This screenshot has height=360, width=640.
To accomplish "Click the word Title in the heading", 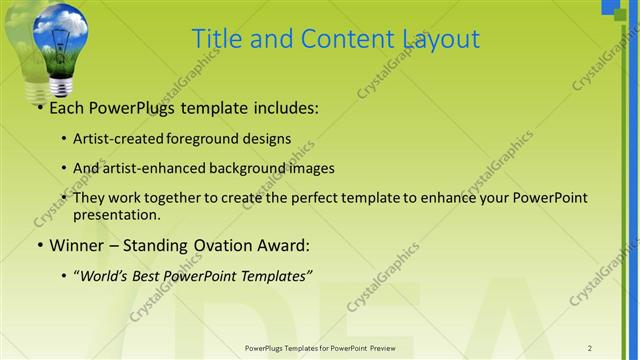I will [x=214, y=39].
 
